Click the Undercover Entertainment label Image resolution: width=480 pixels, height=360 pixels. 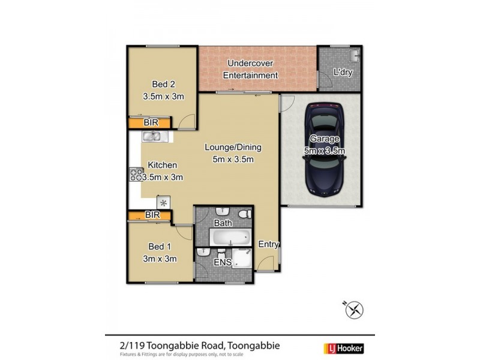coord(251,70)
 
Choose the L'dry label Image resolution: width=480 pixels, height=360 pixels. coord(342,73)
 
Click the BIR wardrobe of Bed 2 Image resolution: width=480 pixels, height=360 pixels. coord(151,122)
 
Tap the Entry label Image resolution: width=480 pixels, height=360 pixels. coord(268,244)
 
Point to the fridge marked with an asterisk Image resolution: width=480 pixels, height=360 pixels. coord(163,203)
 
